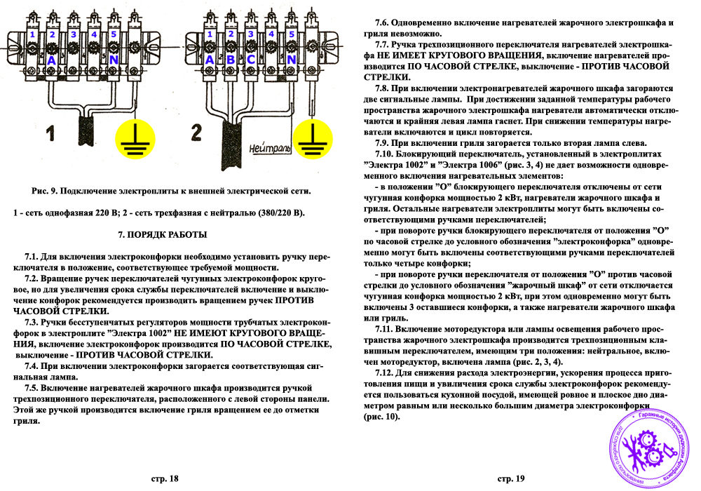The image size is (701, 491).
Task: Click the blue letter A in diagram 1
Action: click(51, 60)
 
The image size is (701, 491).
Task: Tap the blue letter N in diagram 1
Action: click(113, 60)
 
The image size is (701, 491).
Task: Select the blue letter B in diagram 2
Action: click(230, 60)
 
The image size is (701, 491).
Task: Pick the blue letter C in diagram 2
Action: click(250, 60)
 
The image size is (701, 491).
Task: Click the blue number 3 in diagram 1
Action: click(72, 34)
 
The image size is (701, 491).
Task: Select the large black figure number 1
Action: click(50, 133)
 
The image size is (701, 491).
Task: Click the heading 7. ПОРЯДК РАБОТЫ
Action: click(165, 234)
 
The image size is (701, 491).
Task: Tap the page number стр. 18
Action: click(165, 479)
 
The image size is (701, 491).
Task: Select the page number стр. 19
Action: click(511, 479)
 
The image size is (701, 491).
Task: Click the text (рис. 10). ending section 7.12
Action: click(381, 417)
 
